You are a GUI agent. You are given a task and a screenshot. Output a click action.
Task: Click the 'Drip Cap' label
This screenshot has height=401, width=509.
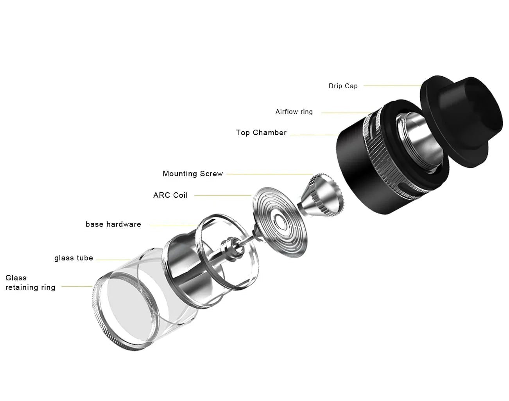coord(343,86)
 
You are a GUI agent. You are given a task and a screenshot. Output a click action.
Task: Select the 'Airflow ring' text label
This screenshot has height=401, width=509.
coord(294,112)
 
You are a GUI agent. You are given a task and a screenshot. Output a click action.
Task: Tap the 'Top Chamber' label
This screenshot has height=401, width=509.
coord(261,133)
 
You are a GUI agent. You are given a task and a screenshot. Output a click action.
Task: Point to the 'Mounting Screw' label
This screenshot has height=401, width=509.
coord(193,174)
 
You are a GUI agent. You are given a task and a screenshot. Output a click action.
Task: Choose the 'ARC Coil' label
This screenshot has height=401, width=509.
coord(170,195)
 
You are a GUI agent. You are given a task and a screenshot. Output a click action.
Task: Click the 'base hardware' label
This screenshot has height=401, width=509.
coord(113,224)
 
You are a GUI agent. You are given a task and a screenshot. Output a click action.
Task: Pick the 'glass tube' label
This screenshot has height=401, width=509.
coord(73,258)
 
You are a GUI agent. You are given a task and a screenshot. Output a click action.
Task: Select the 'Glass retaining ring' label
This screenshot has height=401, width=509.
coord(30,282)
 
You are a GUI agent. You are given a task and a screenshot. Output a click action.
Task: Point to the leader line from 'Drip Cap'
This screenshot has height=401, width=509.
coord(391,85)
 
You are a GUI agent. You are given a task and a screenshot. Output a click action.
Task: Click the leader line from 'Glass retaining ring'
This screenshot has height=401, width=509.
coord(77,287)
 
